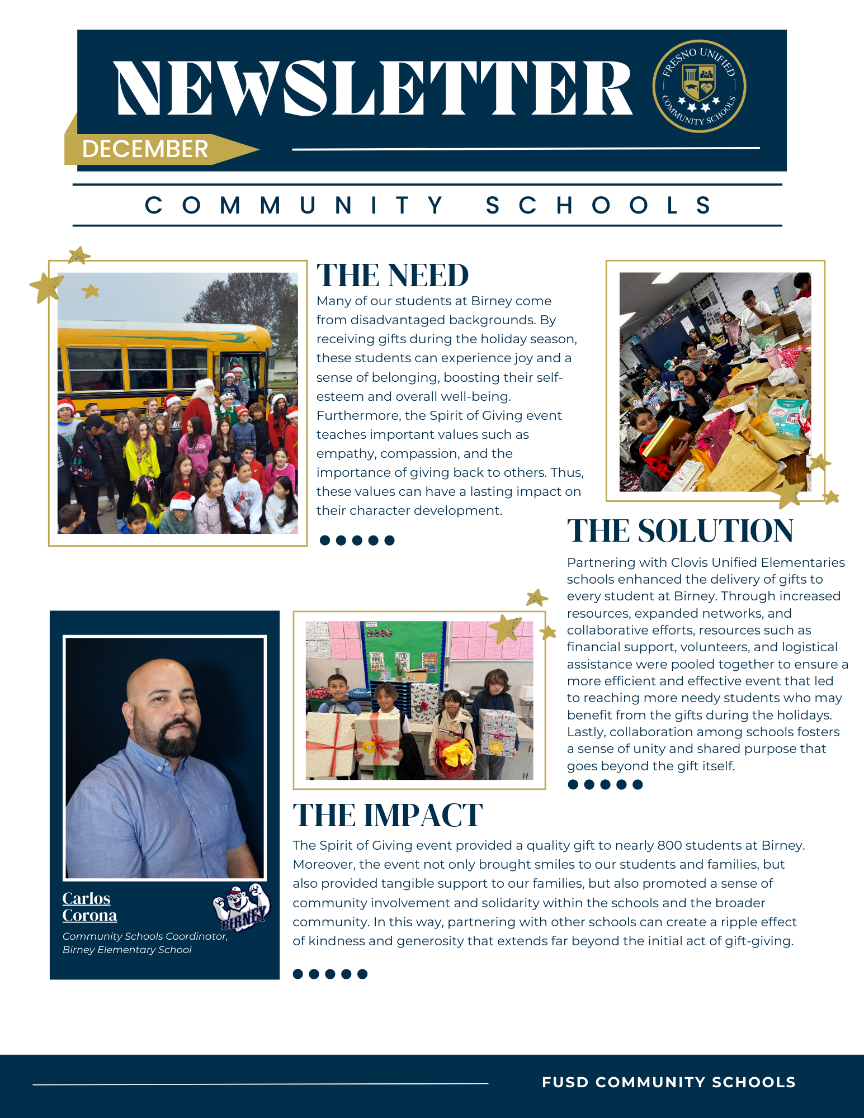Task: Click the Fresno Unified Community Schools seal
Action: pos(699,86)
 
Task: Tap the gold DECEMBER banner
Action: pos(145,149)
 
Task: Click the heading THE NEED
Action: pos(393,276)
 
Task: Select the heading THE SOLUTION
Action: pos(680,530)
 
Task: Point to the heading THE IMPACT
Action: pos(388,815)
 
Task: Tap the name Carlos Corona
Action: pos(89,907)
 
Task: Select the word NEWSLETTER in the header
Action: pos(374,88)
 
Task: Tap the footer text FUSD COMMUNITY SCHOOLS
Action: pos(669,1082)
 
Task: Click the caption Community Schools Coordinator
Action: pos(145,936)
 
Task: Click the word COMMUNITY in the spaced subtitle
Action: pos(294,205)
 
